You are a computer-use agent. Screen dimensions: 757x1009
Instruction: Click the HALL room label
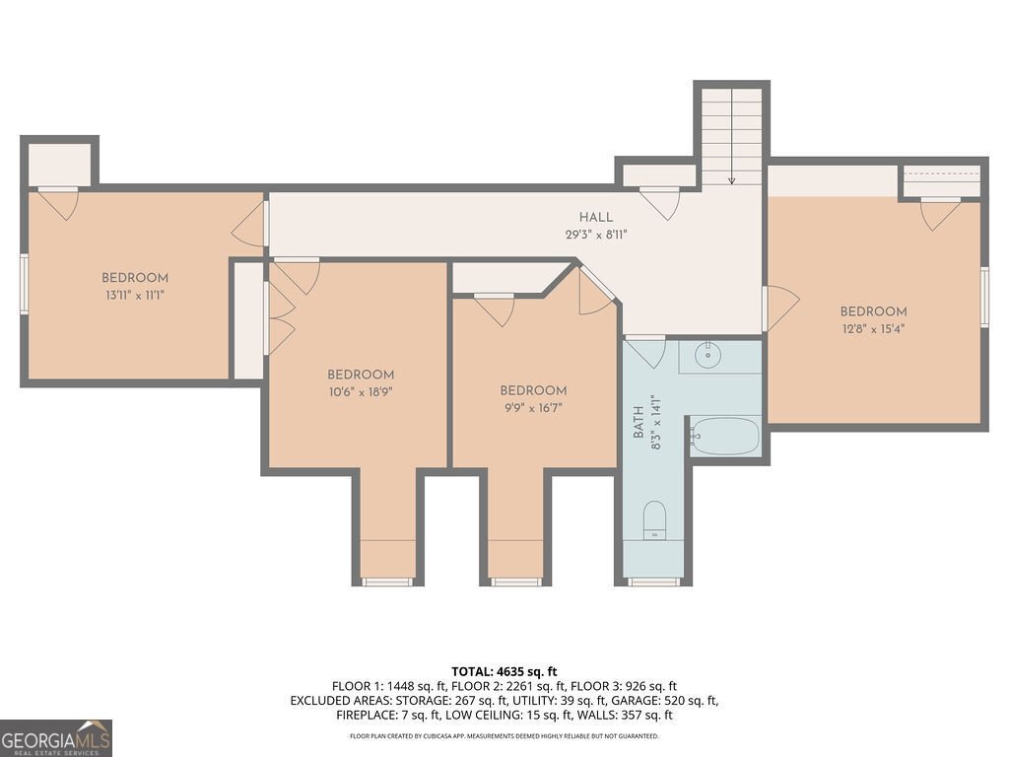pos(595,218)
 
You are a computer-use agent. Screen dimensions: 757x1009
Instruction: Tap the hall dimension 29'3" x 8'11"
pos(595,235)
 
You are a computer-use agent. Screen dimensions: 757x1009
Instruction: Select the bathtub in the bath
pos(725,435)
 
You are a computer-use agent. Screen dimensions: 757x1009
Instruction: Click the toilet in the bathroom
pos(654,519)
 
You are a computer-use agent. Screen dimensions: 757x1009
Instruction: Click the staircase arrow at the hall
pos(732,179)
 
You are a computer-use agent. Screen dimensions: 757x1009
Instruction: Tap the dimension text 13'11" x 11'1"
pos(135,295)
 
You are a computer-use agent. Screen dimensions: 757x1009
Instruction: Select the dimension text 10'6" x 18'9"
pos(361,391)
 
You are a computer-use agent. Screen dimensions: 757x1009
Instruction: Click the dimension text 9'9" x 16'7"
pos(533,407)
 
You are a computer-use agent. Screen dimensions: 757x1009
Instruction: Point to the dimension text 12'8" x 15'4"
pos(873,328)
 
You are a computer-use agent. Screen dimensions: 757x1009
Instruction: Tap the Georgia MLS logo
pos(56,737)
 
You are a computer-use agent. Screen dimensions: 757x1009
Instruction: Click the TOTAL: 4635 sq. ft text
pos(504,670)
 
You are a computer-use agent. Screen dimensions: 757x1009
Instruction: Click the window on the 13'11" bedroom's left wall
pos(25,283)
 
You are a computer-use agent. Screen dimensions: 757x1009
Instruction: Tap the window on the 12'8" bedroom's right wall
pos(983,297)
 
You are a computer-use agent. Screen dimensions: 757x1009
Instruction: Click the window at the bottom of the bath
pos(654,582)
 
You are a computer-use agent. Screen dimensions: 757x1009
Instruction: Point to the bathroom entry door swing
pos(646,352)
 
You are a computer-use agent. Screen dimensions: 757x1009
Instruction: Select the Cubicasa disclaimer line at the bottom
pos(504,736)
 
